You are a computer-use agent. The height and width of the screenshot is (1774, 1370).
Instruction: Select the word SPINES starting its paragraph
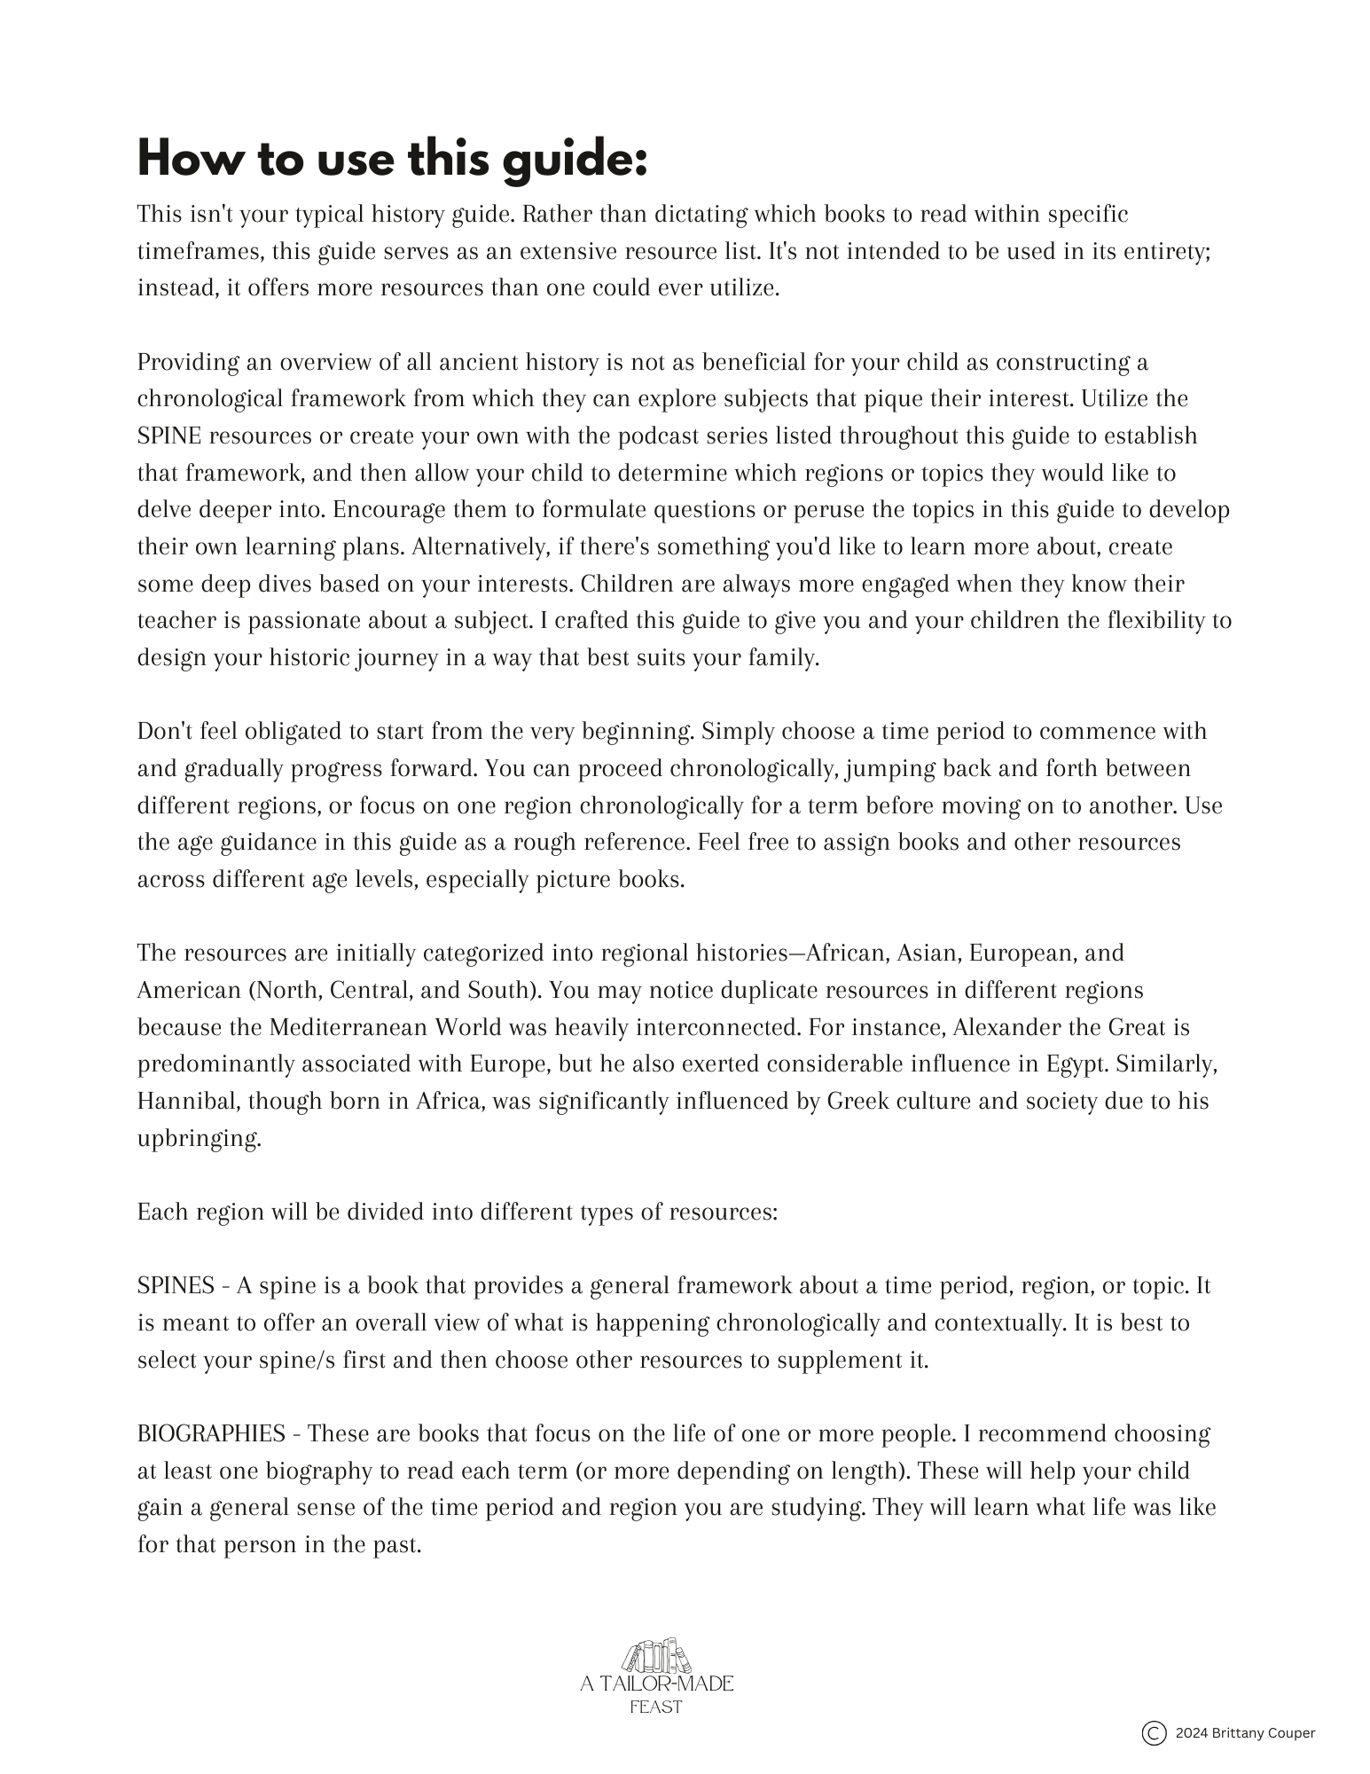click(x=176, y=1285)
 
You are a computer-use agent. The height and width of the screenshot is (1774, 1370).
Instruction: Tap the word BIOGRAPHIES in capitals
click(x=211, y=1433)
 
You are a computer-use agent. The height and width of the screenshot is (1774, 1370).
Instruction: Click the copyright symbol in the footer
click(x=1154, y=1732)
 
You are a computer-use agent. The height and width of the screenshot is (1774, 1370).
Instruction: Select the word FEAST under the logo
click(x=656, y=1707)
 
